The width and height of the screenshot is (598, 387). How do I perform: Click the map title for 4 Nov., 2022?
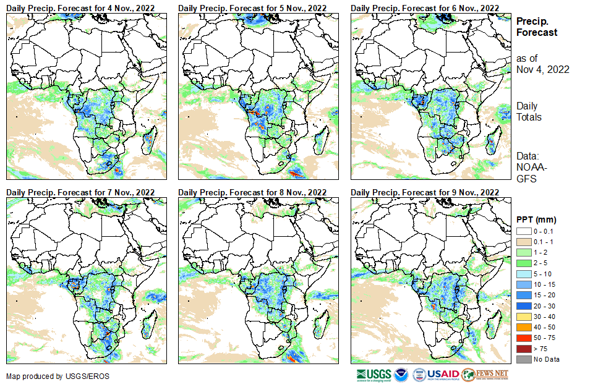80,7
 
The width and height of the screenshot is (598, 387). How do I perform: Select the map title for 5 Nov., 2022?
252,7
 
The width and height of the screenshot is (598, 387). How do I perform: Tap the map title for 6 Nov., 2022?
424,7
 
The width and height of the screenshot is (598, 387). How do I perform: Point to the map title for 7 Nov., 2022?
80,193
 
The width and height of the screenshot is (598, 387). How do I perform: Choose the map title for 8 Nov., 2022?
252,193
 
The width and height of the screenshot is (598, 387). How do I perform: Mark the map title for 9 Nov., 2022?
424,193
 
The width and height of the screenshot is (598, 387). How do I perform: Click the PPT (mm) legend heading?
536,219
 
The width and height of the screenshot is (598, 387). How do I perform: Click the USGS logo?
374,375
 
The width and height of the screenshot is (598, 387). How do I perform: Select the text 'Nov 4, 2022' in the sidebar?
542,69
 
